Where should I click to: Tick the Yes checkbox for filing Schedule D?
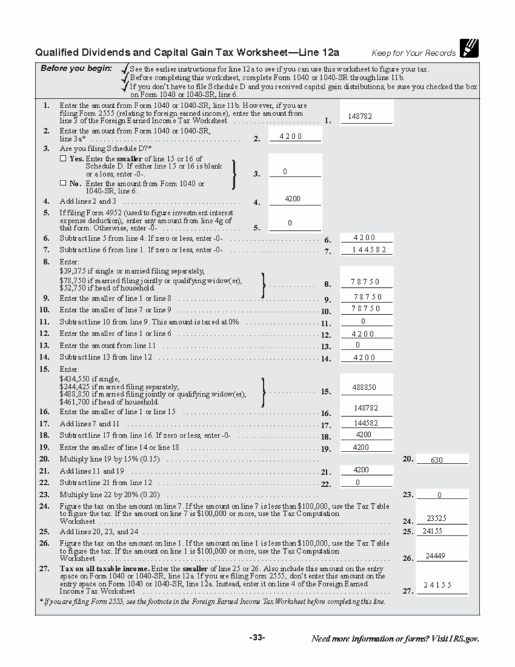[x=63, y=159]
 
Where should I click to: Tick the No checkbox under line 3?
[x=63, y=183]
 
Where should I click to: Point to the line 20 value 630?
[x=437, y=460]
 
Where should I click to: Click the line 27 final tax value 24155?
[x=437, y=585]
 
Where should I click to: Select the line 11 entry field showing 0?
[x=363, y=321]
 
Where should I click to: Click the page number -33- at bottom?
[x=257, y=637]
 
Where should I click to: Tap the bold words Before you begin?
[x=76, y=68]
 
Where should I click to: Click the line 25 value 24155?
[x=436, y=531]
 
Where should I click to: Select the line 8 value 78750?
[x=365, y=282]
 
